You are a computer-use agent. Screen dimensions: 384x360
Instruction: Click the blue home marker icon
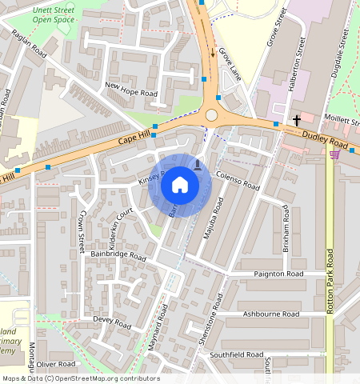pos(180,186)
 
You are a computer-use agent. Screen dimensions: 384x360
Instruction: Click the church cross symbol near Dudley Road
pos(297,120)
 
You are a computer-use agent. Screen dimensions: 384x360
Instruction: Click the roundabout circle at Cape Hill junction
pos(211,114)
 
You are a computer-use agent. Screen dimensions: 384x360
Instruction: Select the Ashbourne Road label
pos(272,314)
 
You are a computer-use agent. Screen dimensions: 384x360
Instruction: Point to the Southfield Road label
pos(236,354)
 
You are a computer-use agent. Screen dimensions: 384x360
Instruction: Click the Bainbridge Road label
pos(118,257)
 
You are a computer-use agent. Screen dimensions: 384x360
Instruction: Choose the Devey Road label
pos(112,322)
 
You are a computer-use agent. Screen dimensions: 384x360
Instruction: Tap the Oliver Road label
pos(55,364)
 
